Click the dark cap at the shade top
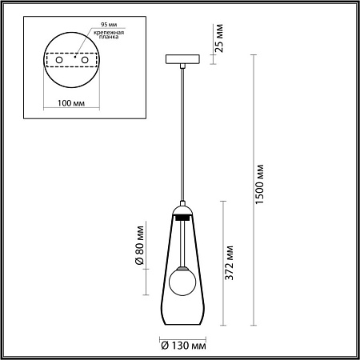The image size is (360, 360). pos(182,214)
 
